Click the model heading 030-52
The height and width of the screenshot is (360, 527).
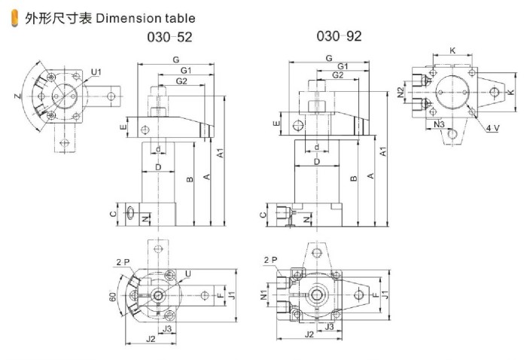[169, 36]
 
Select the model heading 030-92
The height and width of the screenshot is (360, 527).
[339, 35]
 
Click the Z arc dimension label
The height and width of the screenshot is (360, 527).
[18, 97]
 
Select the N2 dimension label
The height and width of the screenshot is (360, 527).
[401, 92]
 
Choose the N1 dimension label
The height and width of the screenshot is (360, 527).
[263, 292]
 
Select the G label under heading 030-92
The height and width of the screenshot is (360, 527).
[329, 58]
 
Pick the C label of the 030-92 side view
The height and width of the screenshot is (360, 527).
[263, 215]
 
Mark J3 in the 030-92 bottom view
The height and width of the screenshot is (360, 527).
[329, 327]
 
